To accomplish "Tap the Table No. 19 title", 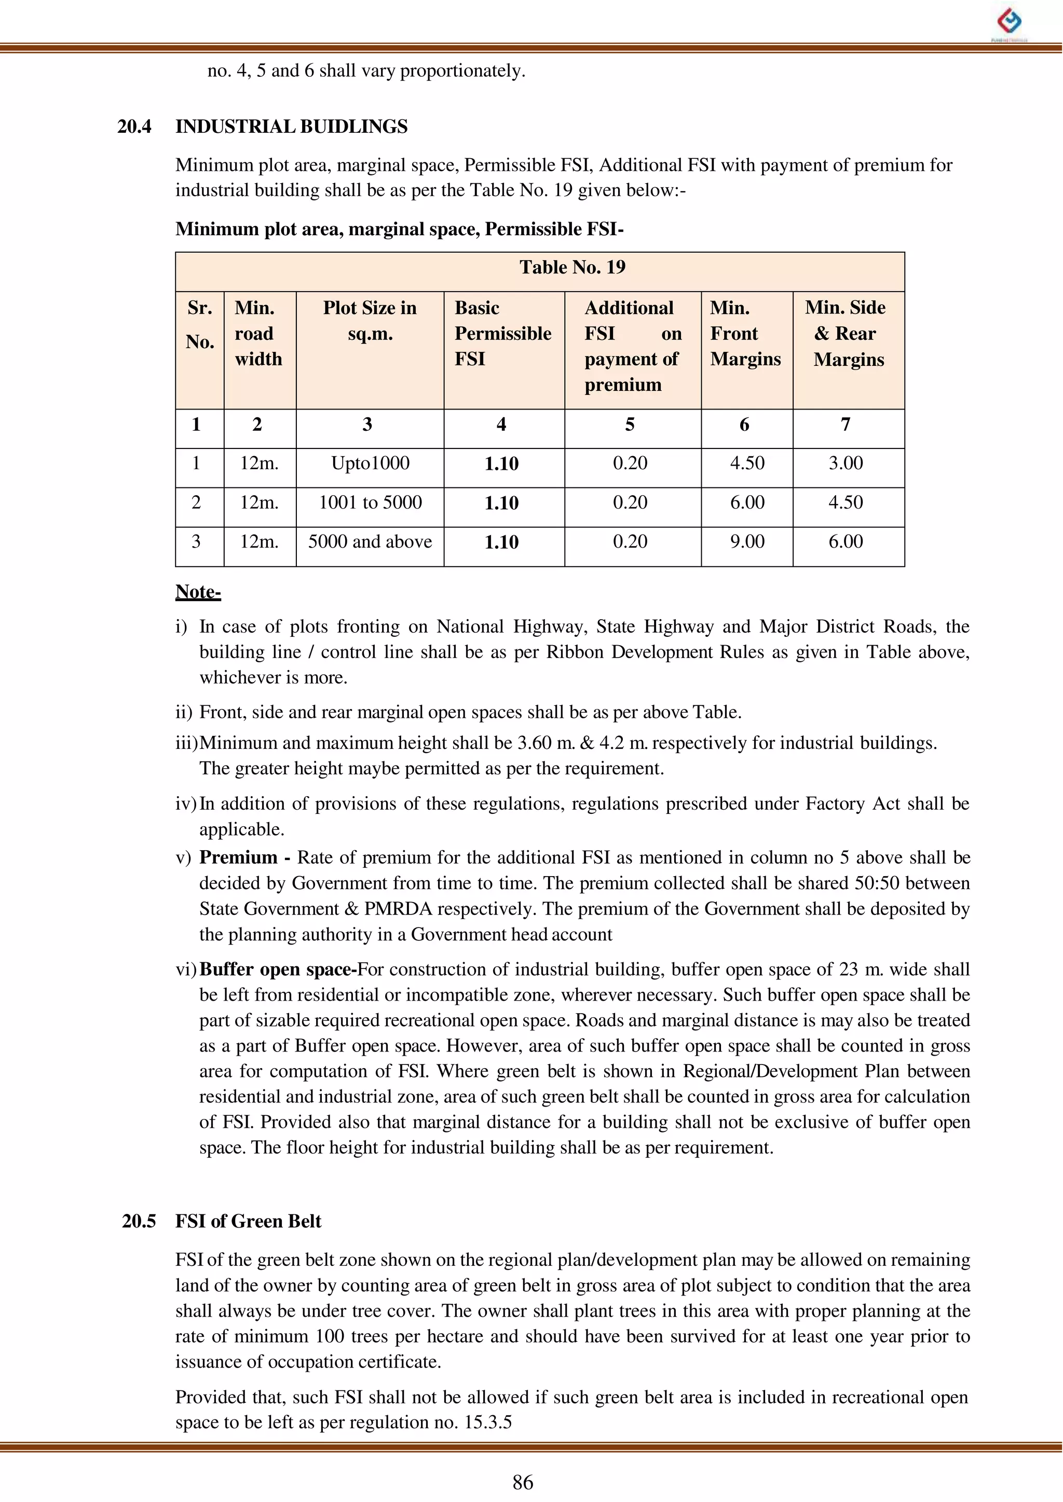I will click(x=572, y=267).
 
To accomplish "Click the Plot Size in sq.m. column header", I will click(x=370, y=321).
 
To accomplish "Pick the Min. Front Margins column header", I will click(x=745, y=333).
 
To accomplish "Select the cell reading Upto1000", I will click(x=370, y=463).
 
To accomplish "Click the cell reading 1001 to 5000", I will click(x=370, y=502).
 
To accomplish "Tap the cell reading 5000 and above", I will click(x=370, y=542).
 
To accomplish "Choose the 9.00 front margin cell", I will click(x=747, y=542).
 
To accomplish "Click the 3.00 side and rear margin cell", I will click(x=846, y=463).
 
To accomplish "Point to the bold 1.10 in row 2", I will click(x=501, y=503).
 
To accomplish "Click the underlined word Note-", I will click(x=198, y=592).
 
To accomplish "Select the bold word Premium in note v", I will click(x=238, y=857).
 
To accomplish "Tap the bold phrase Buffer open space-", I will click(x=278, y=970).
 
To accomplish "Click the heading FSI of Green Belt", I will click(x=248, y=1221).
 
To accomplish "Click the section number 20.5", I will click(x=139, y=1221).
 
